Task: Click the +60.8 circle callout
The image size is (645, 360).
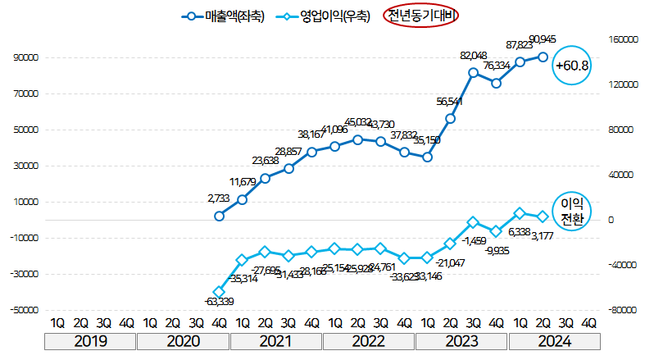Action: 572,64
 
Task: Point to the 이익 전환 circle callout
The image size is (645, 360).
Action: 571,211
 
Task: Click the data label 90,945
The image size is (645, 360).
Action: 545,39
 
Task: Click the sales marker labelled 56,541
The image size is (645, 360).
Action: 450,119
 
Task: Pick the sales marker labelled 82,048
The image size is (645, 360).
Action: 473,73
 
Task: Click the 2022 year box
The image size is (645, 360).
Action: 369,342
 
